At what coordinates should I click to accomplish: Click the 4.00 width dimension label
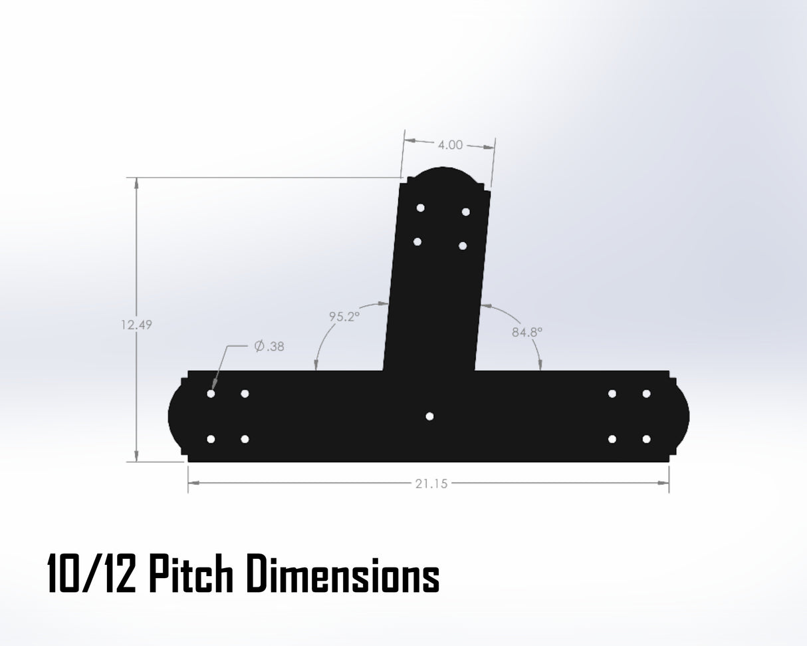pyautogui.click(x=451, y=145)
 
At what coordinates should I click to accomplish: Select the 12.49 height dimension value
pyautogui.click(x=136, y=325)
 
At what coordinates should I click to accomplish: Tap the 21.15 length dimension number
pyautogui.click(x=431, y=484)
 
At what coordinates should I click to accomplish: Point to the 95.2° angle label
pyautogui.click(x=344, y=317)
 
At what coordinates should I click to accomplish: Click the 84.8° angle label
pyautogui.click(x=527, y=332)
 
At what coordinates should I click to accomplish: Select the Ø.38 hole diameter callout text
pyautogui.click(x=269, y=346)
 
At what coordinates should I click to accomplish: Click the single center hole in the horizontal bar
pyautogui.click(x=429, y=416)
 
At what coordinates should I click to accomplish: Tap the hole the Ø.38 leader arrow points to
pyautogui.click(x=211, y=394)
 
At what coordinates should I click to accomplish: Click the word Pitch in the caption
pyautogui.click(x=191, y=575)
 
